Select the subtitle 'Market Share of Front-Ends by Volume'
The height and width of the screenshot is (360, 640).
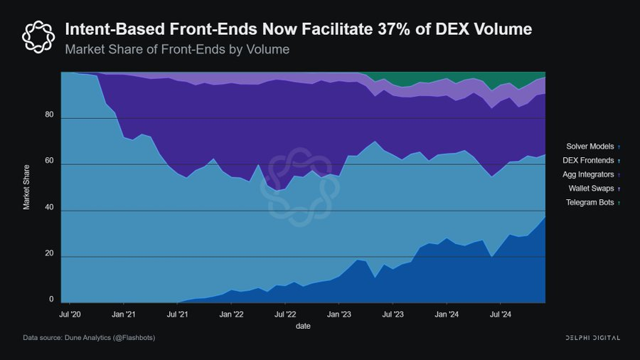[x=177, y=50]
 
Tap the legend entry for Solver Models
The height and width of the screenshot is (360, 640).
[x=590, y=146]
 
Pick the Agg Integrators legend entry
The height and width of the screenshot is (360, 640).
[x=588, y=174]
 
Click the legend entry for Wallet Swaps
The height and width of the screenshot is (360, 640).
[x=592, y=189]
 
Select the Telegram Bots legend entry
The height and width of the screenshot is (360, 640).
[x=590, y=203]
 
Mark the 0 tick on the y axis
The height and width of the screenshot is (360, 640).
[x=52, y=300]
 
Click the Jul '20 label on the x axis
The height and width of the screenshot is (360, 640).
[x=69, y=313]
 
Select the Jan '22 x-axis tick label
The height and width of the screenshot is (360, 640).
[x=231, y=313]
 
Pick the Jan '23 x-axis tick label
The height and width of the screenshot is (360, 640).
[x=339, y=313]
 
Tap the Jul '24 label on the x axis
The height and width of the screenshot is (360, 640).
[x=501, y=313]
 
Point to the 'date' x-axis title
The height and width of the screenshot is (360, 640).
[x=303, y=326]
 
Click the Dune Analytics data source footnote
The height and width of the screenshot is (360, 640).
[x=89, y=337]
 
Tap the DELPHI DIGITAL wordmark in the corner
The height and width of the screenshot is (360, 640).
[x=587, y=337]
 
